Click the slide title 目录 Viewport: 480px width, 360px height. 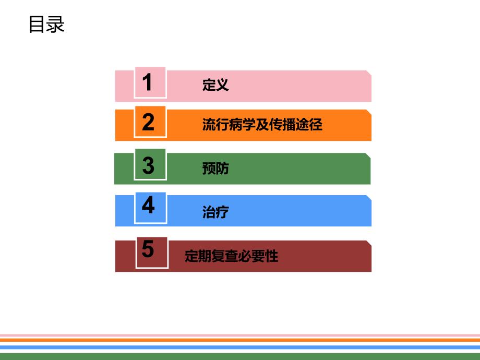pos(46,25)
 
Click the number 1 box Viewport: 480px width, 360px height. pos(150,82)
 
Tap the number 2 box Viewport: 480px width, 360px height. pos(150,122)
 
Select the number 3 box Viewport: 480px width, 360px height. pos(150,165)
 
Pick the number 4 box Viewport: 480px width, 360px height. pos(150,206)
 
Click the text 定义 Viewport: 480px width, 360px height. pos(215,85)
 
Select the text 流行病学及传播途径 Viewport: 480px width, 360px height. pos(262,125)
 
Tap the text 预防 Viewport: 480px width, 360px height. pos(215,169)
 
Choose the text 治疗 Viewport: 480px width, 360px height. pos(215,212)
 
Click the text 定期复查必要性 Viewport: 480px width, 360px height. pos(232,256)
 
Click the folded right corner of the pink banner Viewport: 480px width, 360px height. pos(368,74)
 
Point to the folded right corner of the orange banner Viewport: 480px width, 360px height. pos(368,112)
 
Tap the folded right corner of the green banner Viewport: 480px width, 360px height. pos(368,156)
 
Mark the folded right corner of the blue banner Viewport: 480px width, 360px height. pos(368,198)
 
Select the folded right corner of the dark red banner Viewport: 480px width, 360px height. pos(368,243)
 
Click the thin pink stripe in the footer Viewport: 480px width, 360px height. pos(240,335)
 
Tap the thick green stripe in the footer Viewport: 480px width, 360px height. pos(240,356)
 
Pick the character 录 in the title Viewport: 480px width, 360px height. pos(55,25)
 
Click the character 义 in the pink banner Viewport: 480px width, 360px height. pos(222,85)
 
